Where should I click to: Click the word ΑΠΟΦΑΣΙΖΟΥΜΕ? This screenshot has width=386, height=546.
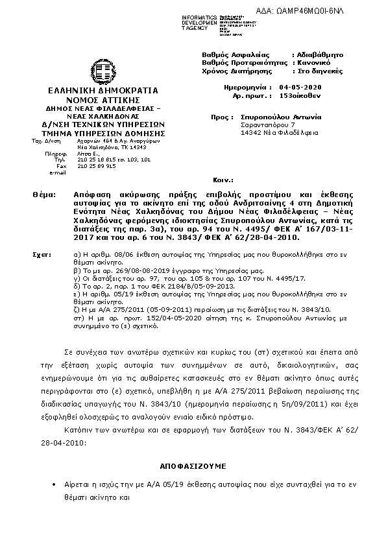click(193, 466)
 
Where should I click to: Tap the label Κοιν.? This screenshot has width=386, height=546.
click(223, 178)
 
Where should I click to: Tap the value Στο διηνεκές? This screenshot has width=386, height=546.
click(320, 71)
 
